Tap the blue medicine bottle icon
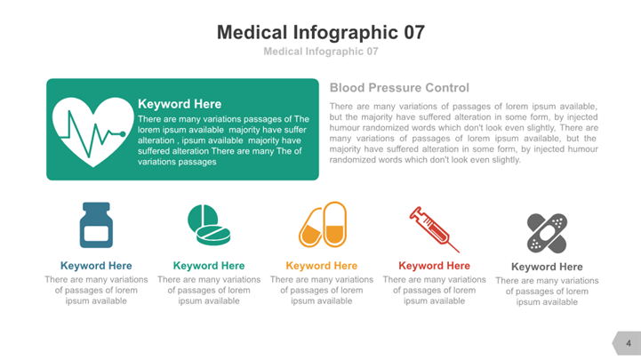pyautogui.click(x=96, y=225)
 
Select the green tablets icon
pyautogui.click(x=209, y=225)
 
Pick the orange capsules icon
pyautogui.click(x=323, y=224)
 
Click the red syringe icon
pyautogui.click(x=434, y=229)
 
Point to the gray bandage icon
pyautogui.click(x=547, y=233)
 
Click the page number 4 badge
pyautogui.click(x=627, y=343)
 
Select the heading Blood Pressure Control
pyautogui.click(x=399, y=88)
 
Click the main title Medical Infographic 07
pyautogui.click(x=321, y=32)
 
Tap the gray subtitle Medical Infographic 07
pyautogui.click(x=321, y=52)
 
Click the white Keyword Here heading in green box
pyautogui.click(x=180, y=104)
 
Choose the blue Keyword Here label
pyautogui.click(x=96, y=266)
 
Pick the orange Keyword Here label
pyautogui.click(x=321, y=266)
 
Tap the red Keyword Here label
pyautogui.click(x=434, y=266)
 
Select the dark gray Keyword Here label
pyautogui.click(x=547, y=267)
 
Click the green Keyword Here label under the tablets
pyautogui.click(x=209, y=266)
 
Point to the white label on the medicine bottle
pyautogui.click(x=96, y=234)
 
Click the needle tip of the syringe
pyautogui.click(x=459, y=252)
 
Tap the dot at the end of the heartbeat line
pyautogui.click(x=123, y=134)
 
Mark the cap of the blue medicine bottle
pyautogui.click(x=96, y=207)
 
